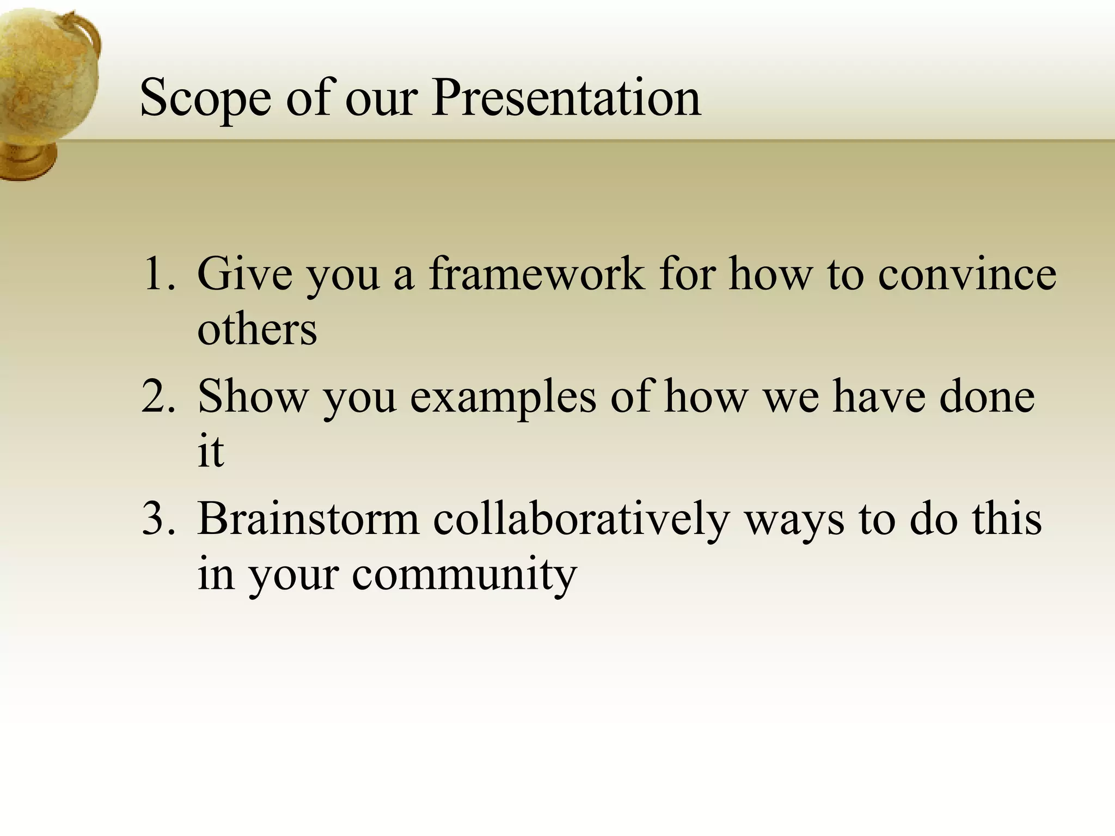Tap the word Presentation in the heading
click(x=566, y=98)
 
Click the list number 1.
click(x=158, y=274)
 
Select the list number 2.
click(x=158, y=396)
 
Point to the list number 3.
click(x=158, y=518)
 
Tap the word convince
click(x=967, y=274)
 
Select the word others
click(x=256, y=330)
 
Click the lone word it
click(x=210, y=451)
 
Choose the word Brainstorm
click(x=308, y=518)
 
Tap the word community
click(x=464, y=575)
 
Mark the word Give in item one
click(x=244, y=274)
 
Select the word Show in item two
click(x=253, y=396)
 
